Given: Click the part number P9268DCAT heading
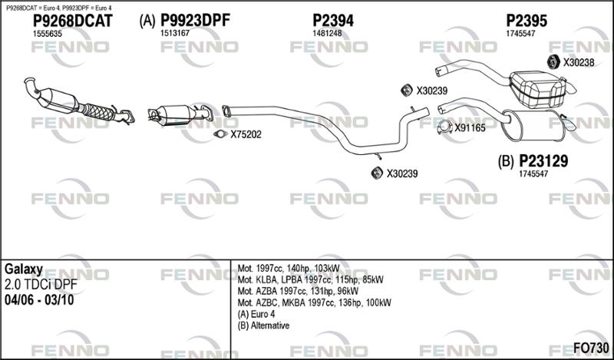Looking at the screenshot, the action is point(72,21).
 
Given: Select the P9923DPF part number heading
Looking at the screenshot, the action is point(196,21).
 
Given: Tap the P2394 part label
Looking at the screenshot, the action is point(333,21).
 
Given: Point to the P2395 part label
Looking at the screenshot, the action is point(527,21).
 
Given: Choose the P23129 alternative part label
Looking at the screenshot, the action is point(543,160).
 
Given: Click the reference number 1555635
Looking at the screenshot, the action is point(47,34).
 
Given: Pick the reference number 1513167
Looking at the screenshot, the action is point(175,33).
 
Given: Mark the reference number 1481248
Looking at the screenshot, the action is point(327,34).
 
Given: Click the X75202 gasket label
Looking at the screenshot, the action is point(246,135).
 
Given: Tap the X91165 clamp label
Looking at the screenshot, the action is point(470,127).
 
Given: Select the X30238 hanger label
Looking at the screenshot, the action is point(579,62).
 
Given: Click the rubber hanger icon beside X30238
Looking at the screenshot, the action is point(553,62).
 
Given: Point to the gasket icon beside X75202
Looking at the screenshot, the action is point(220,134).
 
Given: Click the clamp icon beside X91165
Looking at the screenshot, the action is point(444,127).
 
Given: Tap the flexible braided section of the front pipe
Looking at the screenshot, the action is point(98,111).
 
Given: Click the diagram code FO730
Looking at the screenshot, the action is point(591,348).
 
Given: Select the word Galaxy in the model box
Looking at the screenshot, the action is point(24,269).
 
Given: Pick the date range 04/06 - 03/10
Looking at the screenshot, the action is point(39,300).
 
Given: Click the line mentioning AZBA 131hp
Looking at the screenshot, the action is point(298,291).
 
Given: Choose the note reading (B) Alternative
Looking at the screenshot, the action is point(263,325).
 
